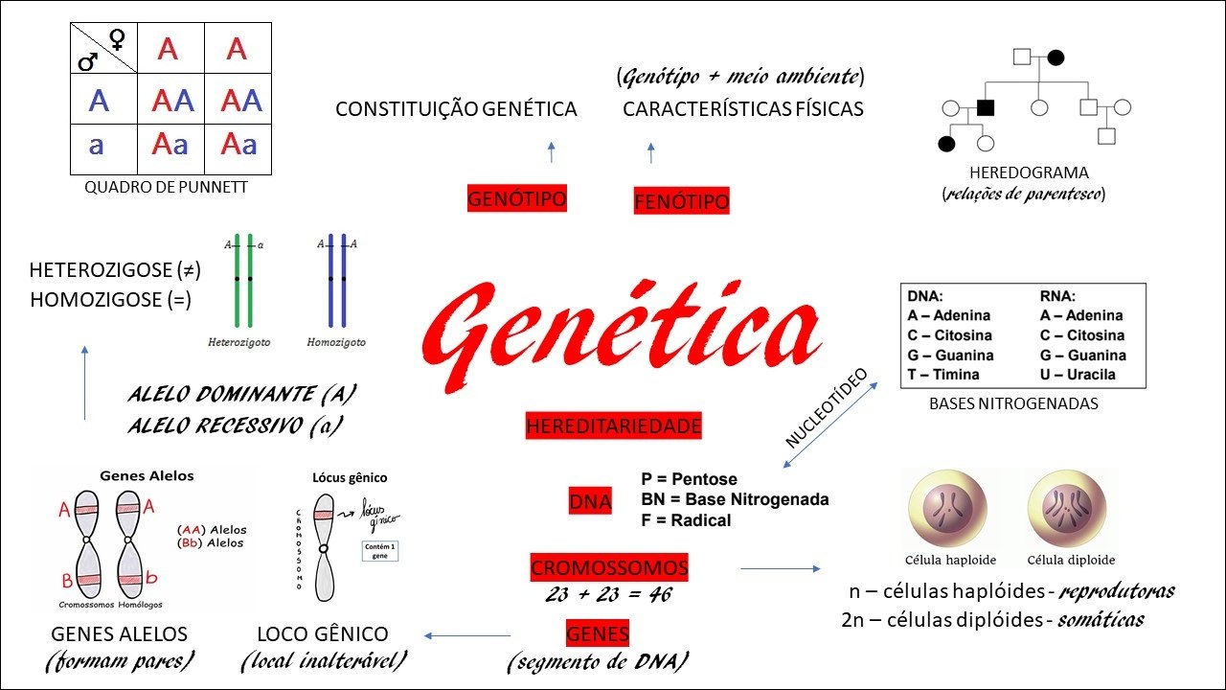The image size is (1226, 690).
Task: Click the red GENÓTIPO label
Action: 517,199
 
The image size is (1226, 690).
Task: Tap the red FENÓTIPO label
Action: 682,201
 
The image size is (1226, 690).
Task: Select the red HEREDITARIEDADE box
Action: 613,425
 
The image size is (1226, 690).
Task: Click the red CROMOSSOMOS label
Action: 609,567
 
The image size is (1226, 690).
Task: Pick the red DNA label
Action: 590,501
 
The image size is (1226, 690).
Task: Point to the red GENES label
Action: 598,633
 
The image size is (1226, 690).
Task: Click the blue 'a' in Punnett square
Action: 97,145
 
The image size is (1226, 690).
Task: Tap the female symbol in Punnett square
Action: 118,39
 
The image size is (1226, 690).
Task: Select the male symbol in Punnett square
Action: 87,61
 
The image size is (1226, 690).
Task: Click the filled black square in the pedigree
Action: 985,106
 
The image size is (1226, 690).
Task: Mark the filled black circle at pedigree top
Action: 1056,57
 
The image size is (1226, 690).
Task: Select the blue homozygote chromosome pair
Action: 336,280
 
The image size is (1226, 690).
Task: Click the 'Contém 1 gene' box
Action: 380,550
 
